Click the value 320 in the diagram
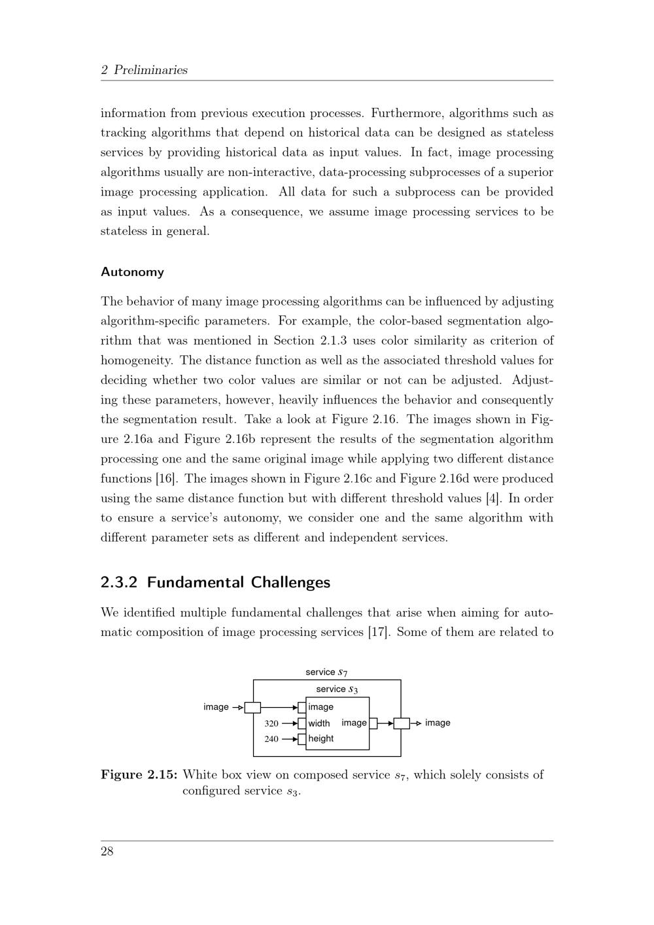[271, 724]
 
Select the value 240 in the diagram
[271, 739]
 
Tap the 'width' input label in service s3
[319, 724]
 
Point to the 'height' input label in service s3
[321, 739]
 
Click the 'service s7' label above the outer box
[326, 672]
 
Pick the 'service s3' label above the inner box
[337, 689]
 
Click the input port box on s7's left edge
[252, 707]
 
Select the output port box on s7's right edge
[402, 723]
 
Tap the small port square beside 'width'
[301, 724]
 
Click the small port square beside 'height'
[301, 739]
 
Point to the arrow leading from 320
[289, 724]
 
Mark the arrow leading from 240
[289, 739]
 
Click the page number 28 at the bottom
[107, 851]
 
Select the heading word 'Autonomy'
[132, 272]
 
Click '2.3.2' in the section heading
[119, 582]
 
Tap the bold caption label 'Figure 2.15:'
[139, 775]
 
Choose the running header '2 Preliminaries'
[144, 70]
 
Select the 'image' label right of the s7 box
[438, 723]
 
